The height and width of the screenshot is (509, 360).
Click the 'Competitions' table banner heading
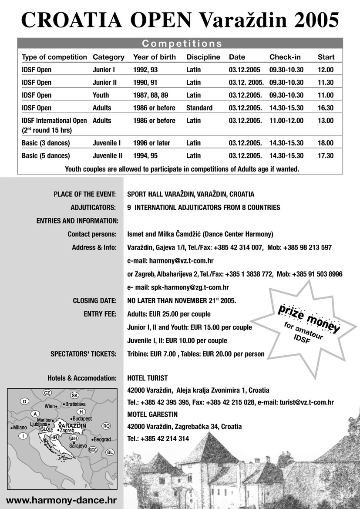point(182,44)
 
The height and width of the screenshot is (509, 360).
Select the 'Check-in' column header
point(285,57)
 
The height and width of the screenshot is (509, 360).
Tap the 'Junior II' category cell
point(105,82)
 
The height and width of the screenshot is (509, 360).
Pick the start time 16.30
point(326,108)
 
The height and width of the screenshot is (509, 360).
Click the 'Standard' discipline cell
point(199,108)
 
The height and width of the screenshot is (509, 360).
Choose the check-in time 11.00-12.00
point(286,121)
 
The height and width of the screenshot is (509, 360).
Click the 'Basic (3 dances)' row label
point(46,143)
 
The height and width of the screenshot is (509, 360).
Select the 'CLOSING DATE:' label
point(94,300)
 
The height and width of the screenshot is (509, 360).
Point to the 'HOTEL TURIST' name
point(147,378)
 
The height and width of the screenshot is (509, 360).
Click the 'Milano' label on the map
point(19,428)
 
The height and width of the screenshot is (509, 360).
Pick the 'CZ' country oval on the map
point(47,393)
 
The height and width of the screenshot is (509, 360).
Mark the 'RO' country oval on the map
point(106,426)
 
